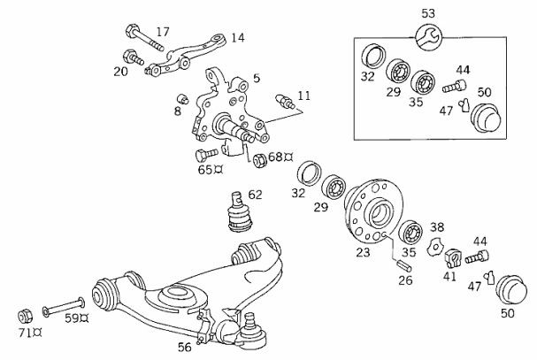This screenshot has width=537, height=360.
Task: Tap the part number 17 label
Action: (162, 32)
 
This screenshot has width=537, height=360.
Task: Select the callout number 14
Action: (238, 38)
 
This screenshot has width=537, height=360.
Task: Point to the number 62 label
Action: (255, 193)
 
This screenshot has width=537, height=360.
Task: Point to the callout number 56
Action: (183, 347)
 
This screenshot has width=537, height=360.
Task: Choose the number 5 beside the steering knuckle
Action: (256, 78)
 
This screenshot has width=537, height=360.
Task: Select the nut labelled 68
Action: (260, 161)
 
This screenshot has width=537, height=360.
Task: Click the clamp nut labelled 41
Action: (451, 258)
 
